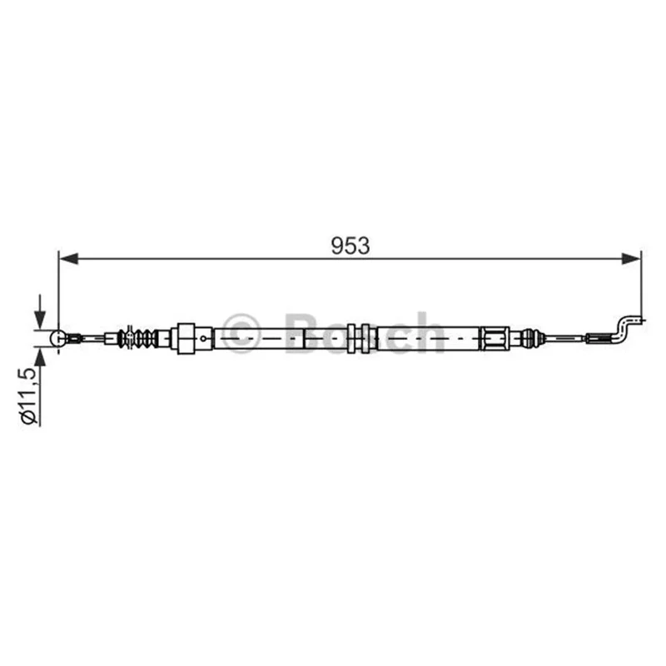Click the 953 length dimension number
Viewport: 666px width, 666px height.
point(350,246)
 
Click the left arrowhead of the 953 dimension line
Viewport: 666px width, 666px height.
point(69,258)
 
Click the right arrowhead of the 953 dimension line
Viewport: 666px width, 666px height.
point(630,258)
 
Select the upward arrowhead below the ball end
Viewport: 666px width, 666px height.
point(39,358)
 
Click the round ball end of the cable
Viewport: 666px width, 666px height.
point(58,338)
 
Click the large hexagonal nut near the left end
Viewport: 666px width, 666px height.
point(186,338)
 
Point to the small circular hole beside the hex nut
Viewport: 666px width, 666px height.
point(203,339)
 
